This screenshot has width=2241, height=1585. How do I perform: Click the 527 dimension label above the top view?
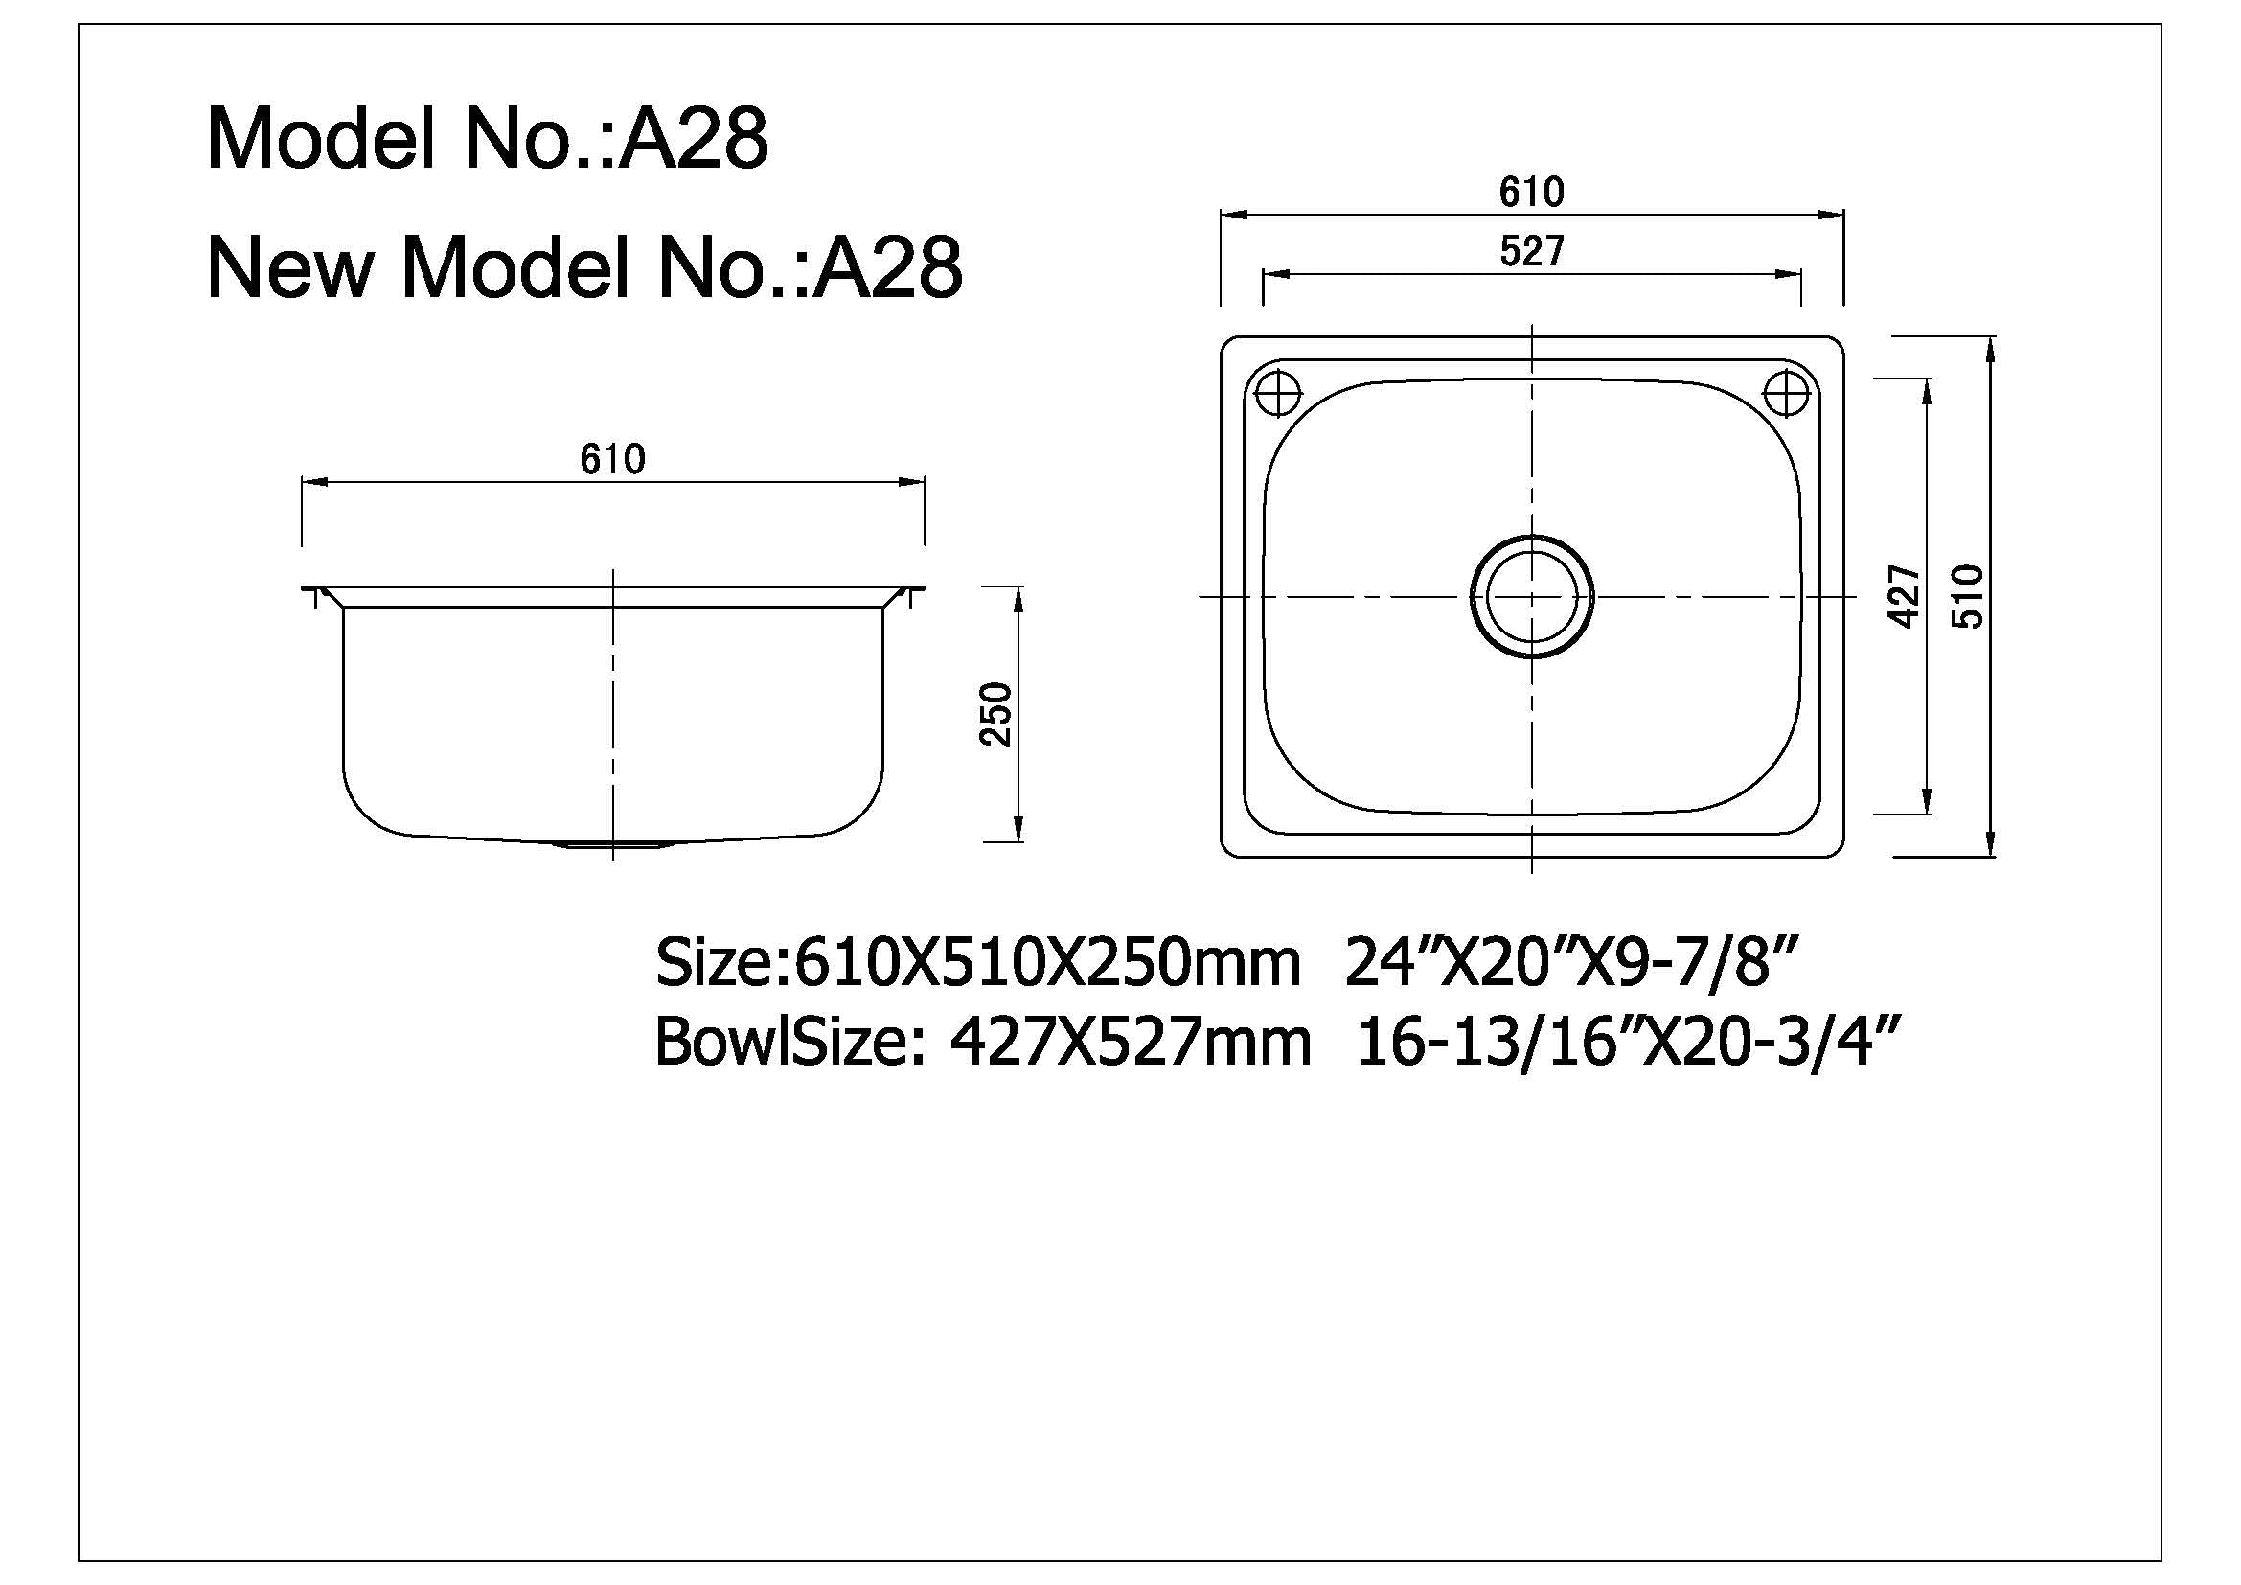tap(1531, 252)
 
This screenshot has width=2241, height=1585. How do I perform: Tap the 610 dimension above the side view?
tap(612, 459)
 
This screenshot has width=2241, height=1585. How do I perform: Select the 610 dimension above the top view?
tap(1531, 192)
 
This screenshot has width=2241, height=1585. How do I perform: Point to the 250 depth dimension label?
tap(996, 715)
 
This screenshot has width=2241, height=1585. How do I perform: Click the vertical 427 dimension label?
tap(1905, 596)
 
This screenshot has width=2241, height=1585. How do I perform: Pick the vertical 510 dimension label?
tap(1969, 596)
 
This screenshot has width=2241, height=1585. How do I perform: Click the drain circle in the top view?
tap(1531, 596)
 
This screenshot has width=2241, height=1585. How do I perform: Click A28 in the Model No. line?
tap(694, 141)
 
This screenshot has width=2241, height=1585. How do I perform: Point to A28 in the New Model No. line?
tap(887, 267)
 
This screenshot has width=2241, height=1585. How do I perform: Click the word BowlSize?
tap(789, 1043)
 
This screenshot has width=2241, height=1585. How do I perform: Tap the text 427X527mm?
tap(1130, 1043)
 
